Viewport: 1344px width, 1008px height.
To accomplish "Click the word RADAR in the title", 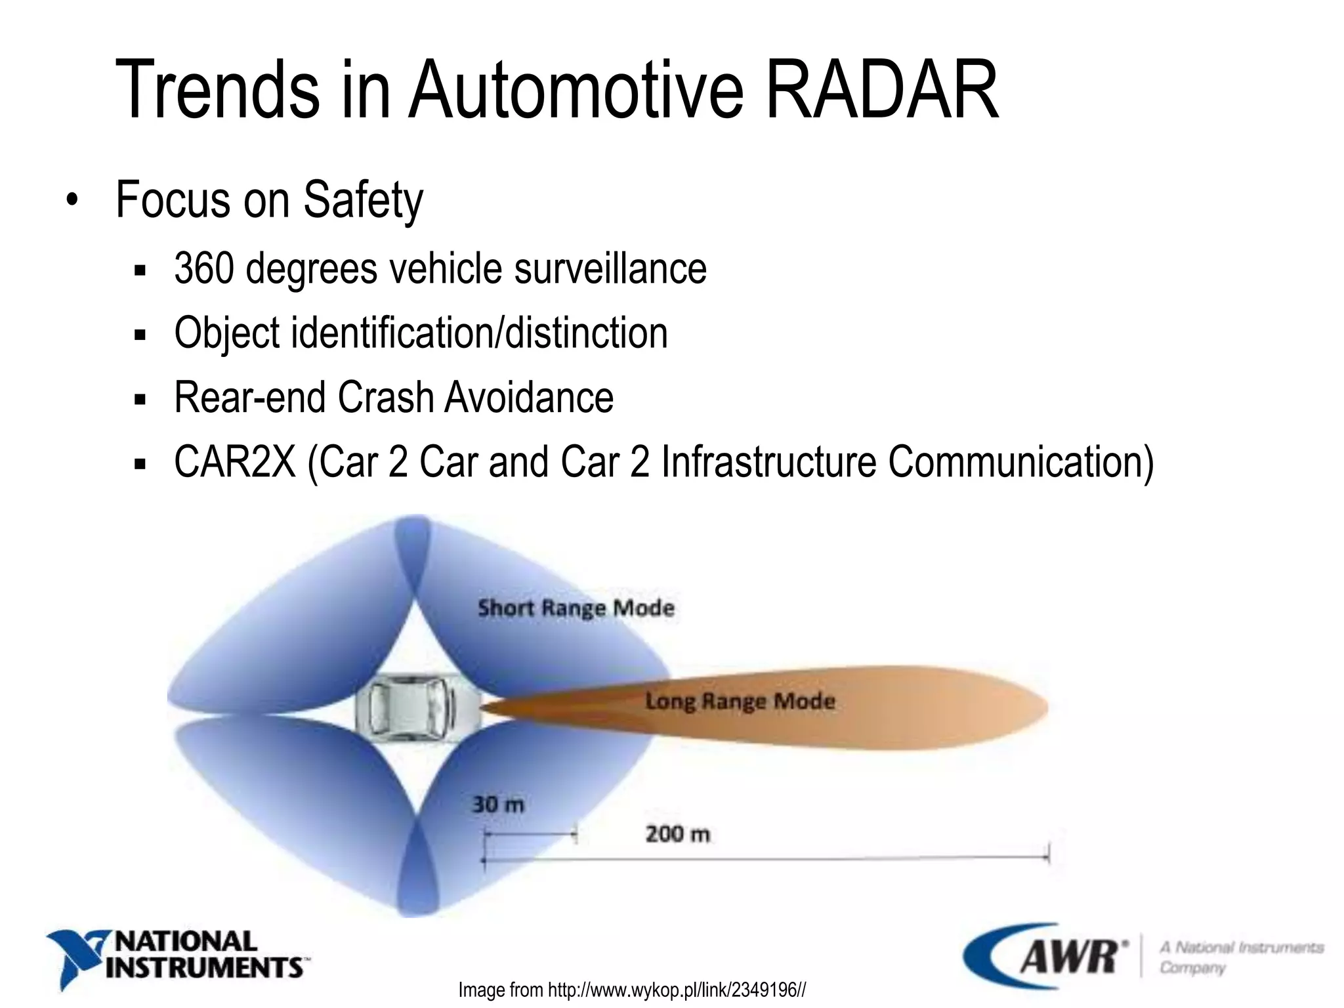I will (x=881, y=90).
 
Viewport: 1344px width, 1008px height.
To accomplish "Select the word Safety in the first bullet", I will (x=363, y=200).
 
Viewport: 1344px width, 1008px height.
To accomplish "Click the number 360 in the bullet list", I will (x=203, y=268).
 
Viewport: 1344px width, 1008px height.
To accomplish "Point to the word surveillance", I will (x=610, y=268).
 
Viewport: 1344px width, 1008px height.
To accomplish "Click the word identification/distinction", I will (x=479, y=333).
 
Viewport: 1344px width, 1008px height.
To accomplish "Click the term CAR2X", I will (x=235, y=462).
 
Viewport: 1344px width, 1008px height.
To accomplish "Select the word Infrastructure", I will (x=768, y=462).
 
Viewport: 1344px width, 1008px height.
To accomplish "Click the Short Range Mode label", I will (x=576, y=608).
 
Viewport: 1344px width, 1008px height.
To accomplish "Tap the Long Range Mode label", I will (x=740, y=701).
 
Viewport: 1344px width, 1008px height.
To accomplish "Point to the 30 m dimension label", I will (x=498, y=805).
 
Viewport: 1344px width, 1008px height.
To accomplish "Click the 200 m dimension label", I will (x=677, y=834).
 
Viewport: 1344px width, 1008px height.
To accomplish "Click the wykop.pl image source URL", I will (x=676, y=990).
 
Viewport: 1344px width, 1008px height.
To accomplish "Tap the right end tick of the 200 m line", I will (x=1048, y=854).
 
